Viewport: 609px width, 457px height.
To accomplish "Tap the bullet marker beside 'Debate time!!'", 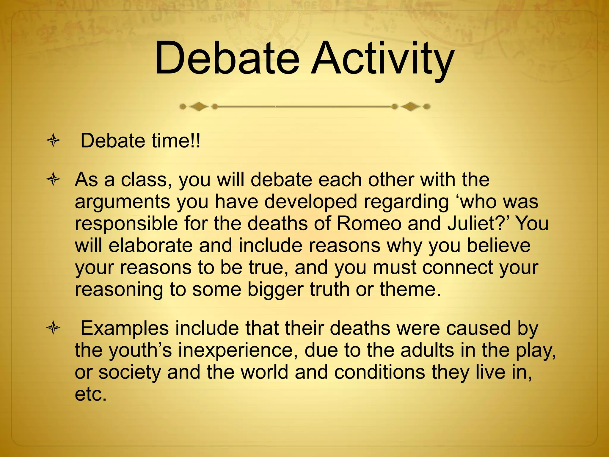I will pyautogui.click(x=53, y=141).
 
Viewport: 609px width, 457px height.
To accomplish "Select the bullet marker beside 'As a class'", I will pyautogui.click(x=53, y=180).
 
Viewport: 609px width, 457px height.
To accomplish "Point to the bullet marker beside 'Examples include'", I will pyautogui.click(x=53, y=329).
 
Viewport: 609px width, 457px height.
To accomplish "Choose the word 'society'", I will pyautogui.click(x=129, y=373).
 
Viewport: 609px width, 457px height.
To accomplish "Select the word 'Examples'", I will pyautogui.click(x=125, y=329).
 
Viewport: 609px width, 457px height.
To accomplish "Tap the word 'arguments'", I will pyautogui.click(x=122, y=202).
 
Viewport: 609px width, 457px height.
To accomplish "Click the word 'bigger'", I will pyautogui.click(x=275, y=289).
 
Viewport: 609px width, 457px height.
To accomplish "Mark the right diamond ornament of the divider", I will pyautogui.click(x=411, y=106).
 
